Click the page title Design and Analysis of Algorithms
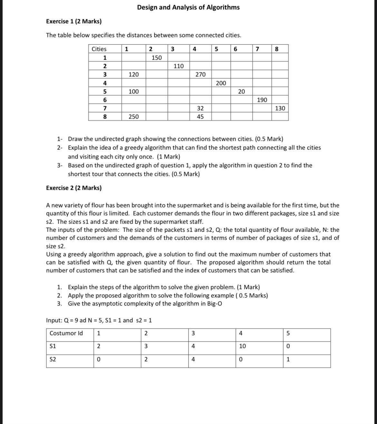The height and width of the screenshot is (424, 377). tap(188, 7)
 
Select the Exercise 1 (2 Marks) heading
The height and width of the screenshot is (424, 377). tap(74, 22)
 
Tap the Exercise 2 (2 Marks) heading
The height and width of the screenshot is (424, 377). tap(74, 188)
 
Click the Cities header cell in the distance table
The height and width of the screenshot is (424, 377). tap(99, 49)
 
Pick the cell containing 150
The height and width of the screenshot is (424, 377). tap(157, 58)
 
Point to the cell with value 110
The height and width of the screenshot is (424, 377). tap(179, 66)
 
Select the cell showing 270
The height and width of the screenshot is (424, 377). tap(200, 74)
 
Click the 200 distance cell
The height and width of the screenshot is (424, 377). tap(221, 83)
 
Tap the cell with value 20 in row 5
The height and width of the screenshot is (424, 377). tap(241, 92)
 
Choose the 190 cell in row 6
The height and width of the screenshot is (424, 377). tap(262, 100)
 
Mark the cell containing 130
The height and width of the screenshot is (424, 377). tap(280, 108)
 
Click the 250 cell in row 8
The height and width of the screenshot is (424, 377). tap(134, 117)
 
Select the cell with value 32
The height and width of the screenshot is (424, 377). tap(200, 108)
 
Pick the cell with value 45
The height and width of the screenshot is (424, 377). tap(200, 117)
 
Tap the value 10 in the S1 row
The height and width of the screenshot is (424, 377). tap(242, 346)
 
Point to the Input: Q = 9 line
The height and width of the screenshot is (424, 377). tap(100, 320)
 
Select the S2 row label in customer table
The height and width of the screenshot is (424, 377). tap(53, 360)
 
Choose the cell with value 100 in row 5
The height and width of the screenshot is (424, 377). tap(134, 92)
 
